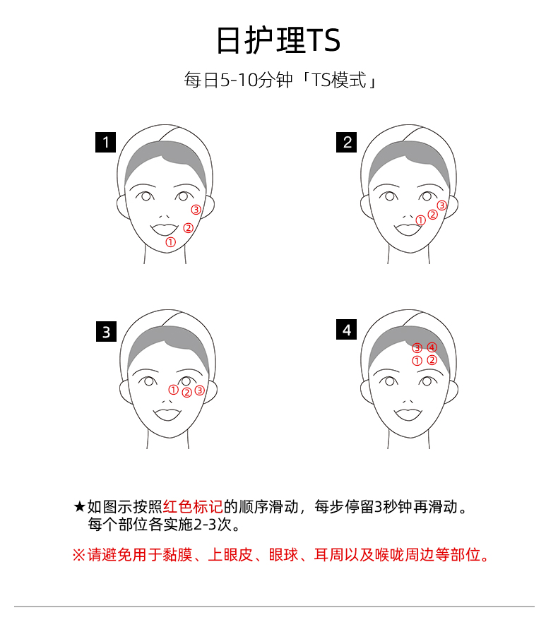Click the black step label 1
click(106, 143)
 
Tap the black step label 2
click(346, 143)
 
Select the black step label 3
click(107, 331)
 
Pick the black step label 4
click(346, 329)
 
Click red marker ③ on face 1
click(196, 210)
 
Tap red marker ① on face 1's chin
click(170, 242)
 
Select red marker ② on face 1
click(189, 228)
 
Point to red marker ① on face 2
click(420, 220)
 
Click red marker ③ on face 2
click(441, 205)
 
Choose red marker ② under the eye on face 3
click(186, 393)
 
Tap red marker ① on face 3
click(173, 390)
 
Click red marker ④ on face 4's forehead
click(432, 347)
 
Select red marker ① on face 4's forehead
click(417, 361)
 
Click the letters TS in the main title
click(323, 40)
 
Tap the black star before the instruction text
click(79, 507)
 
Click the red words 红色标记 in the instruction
click(193, 507)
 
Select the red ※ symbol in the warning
click(79, 555)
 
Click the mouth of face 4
click(408, 414)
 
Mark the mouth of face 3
click(167, 414)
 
